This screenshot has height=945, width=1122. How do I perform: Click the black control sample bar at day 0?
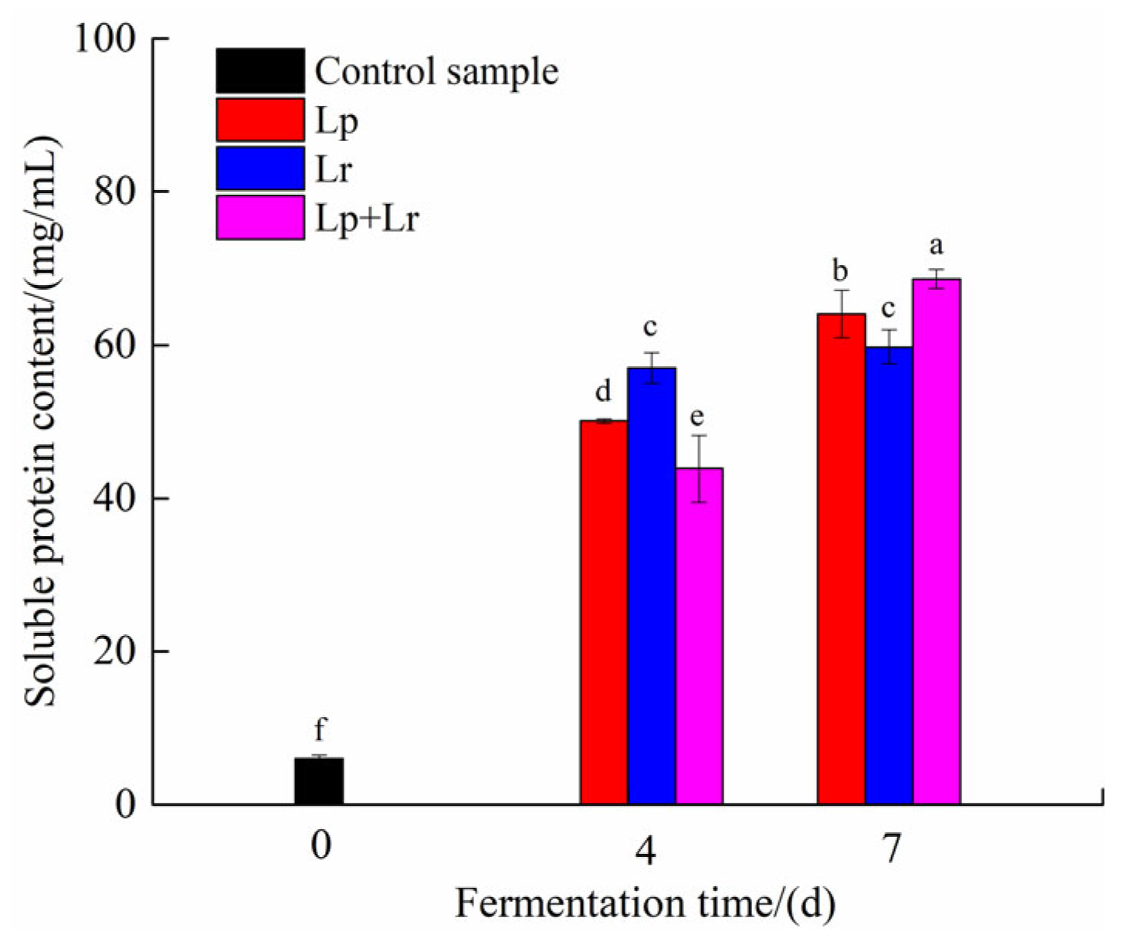pyautogui.click(x=319, y=781)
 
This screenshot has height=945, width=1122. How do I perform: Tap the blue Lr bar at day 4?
pyautogui.click(x=652, y=587)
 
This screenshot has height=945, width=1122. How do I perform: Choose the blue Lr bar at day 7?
pyautogui.click(x=889, y=576)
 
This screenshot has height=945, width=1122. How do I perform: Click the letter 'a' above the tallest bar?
pyautogui.click(x=936, y=246)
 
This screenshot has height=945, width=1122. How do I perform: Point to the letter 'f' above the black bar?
pyautogui.click(x=320, y=729)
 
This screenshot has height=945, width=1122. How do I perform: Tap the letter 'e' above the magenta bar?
pyautogui.click(x=697, y=418)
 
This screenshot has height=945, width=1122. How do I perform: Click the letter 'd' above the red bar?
pyautogui.click(x=603, y=392)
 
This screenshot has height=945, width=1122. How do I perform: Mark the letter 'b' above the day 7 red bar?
pyautogui.click(x=840, y=271)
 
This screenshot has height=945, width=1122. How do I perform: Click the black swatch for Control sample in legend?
pyautogui.click(x=260, y=71)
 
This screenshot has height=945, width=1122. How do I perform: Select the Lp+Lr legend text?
pyautogui.click(x=367, y=219)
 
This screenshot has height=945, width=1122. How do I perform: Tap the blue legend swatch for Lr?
pyautogui.click(x=260, y=168)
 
